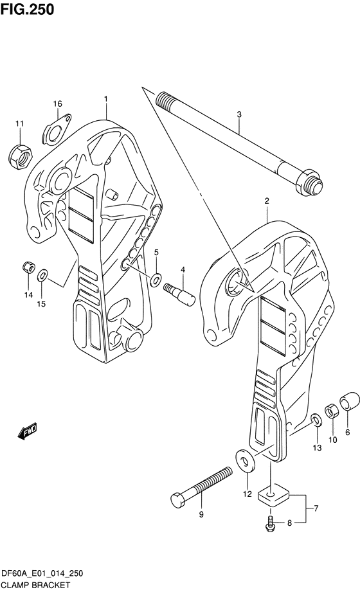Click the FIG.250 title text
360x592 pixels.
27,10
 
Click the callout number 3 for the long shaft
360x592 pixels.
239,114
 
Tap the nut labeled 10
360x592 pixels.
331,410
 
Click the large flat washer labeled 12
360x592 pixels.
245,461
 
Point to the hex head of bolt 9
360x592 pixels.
179,501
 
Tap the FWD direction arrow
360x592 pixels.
27,431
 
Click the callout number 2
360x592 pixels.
267,201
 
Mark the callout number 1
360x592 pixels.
106,99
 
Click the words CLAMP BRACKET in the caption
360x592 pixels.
35,585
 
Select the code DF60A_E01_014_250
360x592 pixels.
42,574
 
